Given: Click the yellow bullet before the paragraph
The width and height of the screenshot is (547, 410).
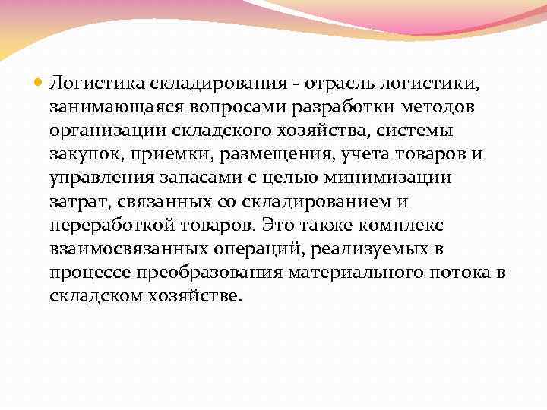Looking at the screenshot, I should click(x=40, y=80).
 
